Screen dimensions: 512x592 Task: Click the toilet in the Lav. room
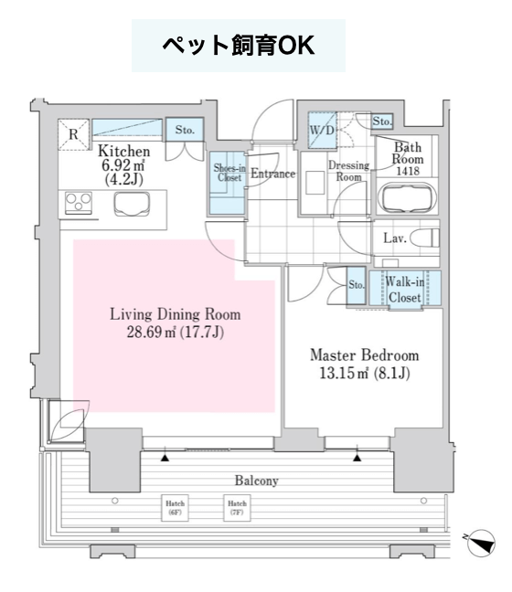424,238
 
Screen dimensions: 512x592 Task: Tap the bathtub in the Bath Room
408,198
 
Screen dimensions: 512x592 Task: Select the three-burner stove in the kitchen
79,203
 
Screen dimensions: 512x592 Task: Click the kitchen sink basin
132,204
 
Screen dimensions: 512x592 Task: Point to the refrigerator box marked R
73,134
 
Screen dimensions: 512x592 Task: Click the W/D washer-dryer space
322,130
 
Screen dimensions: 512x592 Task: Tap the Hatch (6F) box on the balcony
175,508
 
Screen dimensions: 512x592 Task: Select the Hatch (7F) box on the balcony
237,508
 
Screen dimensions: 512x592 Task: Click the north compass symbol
481,543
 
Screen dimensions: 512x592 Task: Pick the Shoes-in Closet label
229,173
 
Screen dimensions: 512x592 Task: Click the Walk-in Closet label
405,290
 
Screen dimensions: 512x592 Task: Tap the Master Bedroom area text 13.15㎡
344,374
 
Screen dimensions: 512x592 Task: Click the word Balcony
257,481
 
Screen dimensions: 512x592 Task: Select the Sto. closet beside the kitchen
185,130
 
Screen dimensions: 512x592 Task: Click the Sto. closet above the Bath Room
382,122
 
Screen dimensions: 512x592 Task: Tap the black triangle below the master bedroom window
357,458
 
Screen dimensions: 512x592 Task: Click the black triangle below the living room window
165,458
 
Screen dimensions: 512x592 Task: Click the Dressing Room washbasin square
315,183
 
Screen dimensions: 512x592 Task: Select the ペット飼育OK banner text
239,46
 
